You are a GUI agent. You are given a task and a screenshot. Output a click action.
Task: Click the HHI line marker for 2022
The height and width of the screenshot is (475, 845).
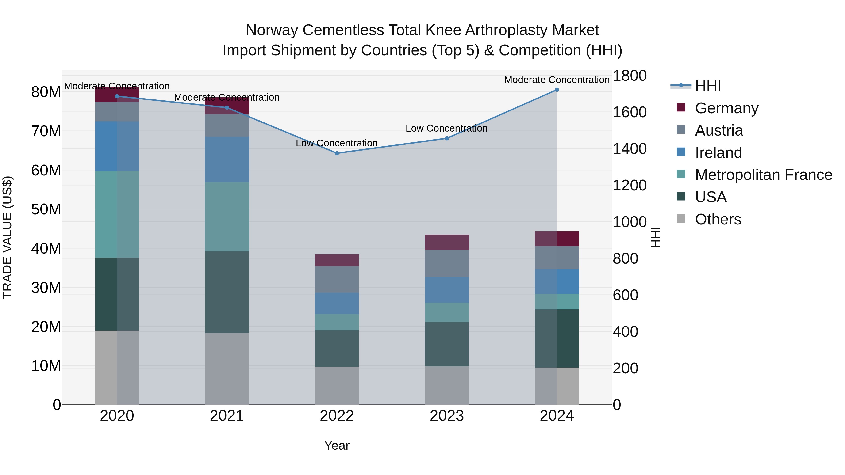coord(337,153)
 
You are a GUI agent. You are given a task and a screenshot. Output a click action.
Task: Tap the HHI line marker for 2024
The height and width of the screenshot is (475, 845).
coord(557,90)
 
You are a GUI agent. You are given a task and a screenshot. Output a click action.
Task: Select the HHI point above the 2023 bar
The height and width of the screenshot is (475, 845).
coord(446,138)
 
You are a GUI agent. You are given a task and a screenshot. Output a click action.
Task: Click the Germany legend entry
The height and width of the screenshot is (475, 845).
coord(726,108)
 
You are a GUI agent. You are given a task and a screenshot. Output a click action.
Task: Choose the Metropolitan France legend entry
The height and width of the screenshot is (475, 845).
coord(763,175)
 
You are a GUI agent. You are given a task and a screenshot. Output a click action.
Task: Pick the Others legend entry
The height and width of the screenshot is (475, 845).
coord(718,219)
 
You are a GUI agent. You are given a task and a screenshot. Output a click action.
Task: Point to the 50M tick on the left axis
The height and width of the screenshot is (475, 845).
coord(46,209)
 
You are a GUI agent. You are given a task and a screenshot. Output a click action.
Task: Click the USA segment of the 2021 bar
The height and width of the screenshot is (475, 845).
coord(227,293)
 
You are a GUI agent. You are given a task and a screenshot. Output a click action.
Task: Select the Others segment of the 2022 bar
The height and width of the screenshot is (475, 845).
coord(337,385)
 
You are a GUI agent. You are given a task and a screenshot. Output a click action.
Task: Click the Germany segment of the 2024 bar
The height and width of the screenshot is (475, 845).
coord(557,239)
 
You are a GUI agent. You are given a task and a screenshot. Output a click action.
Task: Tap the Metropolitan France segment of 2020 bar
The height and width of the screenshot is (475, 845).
coord(117,214)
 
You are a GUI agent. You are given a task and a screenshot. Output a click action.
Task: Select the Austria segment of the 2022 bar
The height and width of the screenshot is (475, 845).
coord(337,279)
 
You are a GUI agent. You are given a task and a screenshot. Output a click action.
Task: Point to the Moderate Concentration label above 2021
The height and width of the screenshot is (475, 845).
coord(227,98)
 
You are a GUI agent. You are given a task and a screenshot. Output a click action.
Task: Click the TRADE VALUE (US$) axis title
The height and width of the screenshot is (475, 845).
coord(7,237)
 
